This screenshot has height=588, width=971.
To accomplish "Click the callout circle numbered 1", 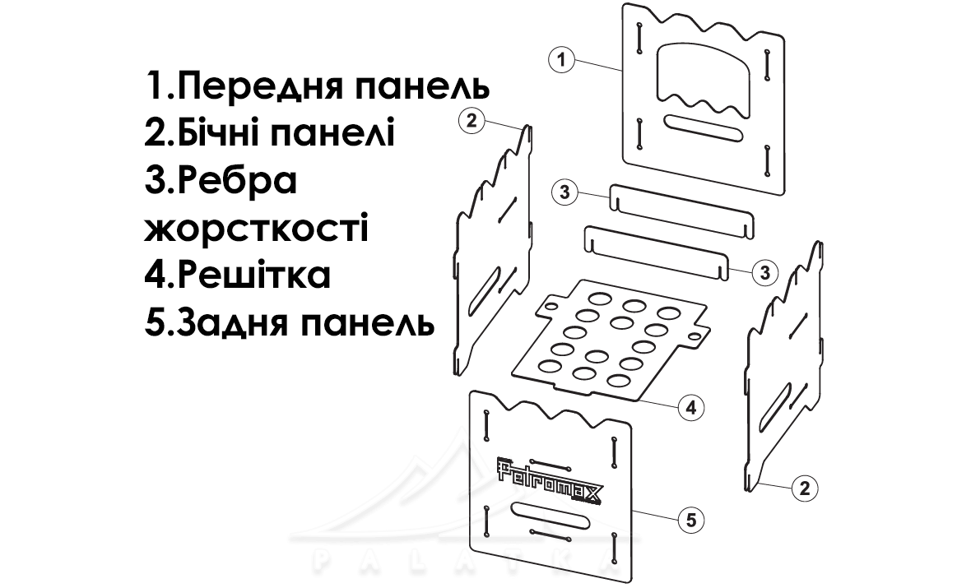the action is pyautogui.click(x=562, y=60).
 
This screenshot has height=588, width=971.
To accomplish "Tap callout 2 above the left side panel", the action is pyautogui.click(x=472, y=121).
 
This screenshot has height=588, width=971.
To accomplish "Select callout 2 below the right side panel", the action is pyautogui.click(x=805, y=488).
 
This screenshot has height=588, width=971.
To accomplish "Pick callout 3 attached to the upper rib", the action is pyautogui.click(x=564, y=192).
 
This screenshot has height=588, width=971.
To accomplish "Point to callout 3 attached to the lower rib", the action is pyautogui.click(x=764, y=272).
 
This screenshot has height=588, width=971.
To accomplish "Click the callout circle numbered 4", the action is pyautogui.click(x=691, y=407).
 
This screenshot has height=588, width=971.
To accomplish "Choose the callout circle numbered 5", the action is pyautogui.click(x=691, y=519).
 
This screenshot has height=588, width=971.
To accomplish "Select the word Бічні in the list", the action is pyautogui.click(x=229, y=133).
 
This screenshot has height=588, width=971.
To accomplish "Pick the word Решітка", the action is pyautogui.click(x=254, y=275).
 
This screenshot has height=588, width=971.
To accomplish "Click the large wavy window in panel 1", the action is pyautogui.click(x=703, y=80).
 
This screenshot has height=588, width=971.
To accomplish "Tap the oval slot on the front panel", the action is pyautogui.click(x=703, y=127).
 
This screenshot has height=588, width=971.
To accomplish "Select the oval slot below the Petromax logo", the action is pyautogui.click(x=550, y=514).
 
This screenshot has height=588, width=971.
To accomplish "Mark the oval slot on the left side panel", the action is pyautogui.click(x=484, y=288).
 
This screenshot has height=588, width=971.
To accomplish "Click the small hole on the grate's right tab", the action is pyautogui.click(x=695, y=336).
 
